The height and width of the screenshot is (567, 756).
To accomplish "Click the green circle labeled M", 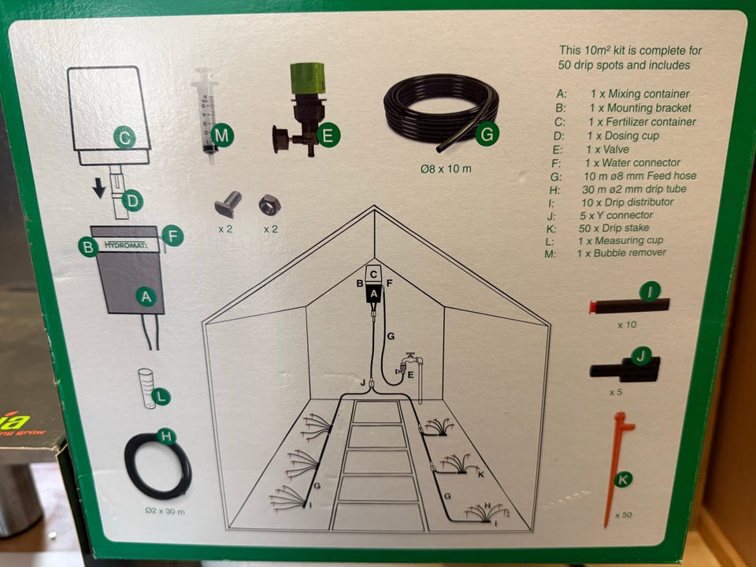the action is pos(222,135).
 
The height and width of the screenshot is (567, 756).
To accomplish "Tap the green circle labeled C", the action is pos(125,137).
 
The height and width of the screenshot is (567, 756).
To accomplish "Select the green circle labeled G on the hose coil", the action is pos(487,134).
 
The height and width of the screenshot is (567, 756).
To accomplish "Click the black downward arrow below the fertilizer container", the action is pos(99,187).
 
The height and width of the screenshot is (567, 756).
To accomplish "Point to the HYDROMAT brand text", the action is pos(125,246).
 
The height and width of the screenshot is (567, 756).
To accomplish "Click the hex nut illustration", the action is pos(269,206).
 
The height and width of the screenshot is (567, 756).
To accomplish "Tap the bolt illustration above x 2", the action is pos(228,203).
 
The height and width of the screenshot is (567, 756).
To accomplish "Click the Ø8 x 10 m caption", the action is pos(446,169).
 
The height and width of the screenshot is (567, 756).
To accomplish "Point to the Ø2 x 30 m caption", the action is pos(165,511).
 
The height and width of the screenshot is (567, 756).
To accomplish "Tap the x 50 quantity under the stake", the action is pos(624,514).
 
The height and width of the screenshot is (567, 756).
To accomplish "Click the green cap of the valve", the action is pos(307,79).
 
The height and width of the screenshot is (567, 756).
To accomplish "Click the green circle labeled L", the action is pos(161,397).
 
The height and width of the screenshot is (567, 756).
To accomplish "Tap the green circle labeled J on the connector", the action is pos(641,357).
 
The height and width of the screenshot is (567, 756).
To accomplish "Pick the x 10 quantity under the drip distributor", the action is pos(627,324).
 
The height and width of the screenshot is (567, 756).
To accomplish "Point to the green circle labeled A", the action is pos(146,297).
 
